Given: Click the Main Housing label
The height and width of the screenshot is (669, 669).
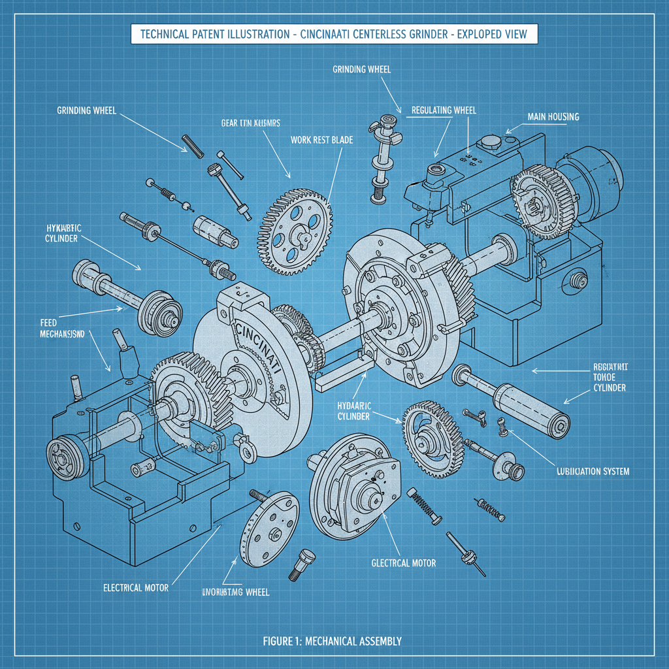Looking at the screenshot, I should click(x=553, y=117).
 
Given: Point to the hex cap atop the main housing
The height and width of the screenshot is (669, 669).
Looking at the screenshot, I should click(x=489, y=142).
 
